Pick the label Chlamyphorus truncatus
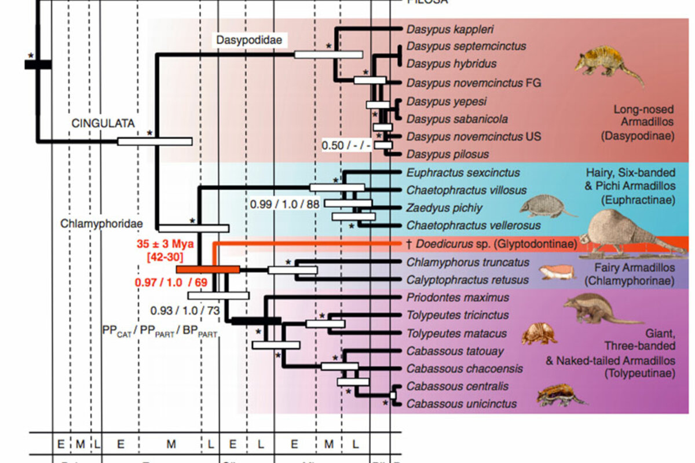460,262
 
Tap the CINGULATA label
103,123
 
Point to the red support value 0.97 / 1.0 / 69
171,283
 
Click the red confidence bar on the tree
208,269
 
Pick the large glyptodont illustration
631,229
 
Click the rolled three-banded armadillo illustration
538,334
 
